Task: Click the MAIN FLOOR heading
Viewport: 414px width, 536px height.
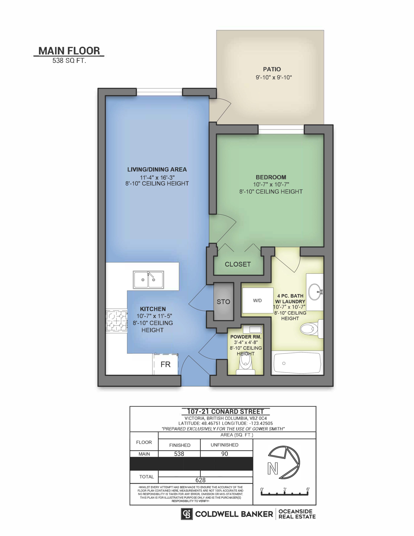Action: [x=69, y=51]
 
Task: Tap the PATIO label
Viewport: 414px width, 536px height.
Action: [x=272, y=69]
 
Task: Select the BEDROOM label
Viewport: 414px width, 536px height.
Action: [x=271, y=177]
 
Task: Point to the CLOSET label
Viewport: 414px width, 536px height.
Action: [x=238, y=264]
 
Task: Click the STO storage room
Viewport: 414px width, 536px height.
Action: [x=224, y=302]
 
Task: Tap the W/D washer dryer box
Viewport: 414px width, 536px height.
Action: [x=257, y=300]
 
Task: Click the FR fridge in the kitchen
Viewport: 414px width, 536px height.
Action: [x=166, y=364]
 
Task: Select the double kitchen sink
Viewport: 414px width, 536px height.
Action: [x=148, y=280]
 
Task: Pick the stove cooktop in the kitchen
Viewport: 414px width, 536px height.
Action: [x=116, y=321]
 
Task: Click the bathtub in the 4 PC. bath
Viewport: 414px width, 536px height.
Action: [x=297, y=363]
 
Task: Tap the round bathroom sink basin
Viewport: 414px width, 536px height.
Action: [x=314, y=292]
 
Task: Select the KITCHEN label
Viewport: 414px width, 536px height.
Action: [x=153, y=309]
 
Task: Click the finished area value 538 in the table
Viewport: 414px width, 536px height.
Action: [x=179, y=454]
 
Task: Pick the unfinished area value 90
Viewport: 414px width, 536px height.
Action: [x=225, y=454]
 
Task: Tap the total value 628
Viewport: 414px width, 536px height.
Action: [x=201, y=480]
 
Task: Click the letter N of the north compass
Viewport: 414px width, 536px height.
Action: [x=273, y=469]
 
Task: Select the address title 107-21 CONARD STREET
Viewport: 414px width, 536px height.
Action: [x=225, y=412]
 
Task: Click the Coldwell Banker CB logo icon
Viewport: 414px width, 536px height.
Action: [x=187, y=514]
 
